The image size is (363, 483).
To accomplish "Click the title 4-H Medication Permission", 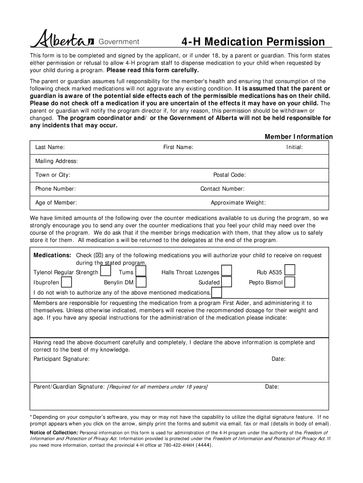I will pyautogui.click(x=253, y=42).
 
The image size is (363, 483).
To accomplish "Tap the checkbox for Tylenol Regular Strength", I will pyautogui.click(x=106, y=271).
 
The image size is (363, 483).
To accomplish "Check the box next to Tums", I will pyautogui.click(x=140, y=271).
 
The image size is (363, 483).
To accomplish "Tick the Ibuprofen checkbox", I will pyautogui.click(x=66, y=282).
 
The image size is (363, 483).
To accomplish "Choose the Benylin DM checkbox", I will pyautogui.click(x=140, y=282).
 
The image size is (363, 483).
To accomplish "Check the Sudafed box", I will pyautogui.click(x=227, y=282).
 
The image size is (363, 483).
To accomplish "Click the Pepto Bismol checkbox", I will pyautogui.click(x=290, y=282).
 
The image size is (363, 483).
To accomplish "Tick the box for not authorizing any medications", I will pyautogui.click(x=216, y=292).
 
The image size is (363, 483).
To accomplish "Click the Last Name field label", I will pyautogui.click(x=50, y=148).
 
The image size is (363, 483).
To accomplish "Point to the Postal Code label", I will pyautogui.click(x=229, y=175).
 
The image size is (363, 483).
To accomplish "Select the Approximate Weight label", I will pyautogui.click(x=238, y=203).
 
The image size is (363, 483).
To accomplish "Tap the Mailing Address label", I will pyautogui.click(x=57, y=161).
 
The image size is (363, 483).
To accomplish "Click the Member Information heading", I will pyautogui.click(x=298, y=137).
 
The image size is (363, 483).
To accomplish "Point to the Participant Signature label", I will pyautogui.click(x=61, y=359).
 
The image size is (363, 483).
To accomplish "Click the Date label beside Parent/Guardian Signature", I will pyautogui.click(x=272, y=387).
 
